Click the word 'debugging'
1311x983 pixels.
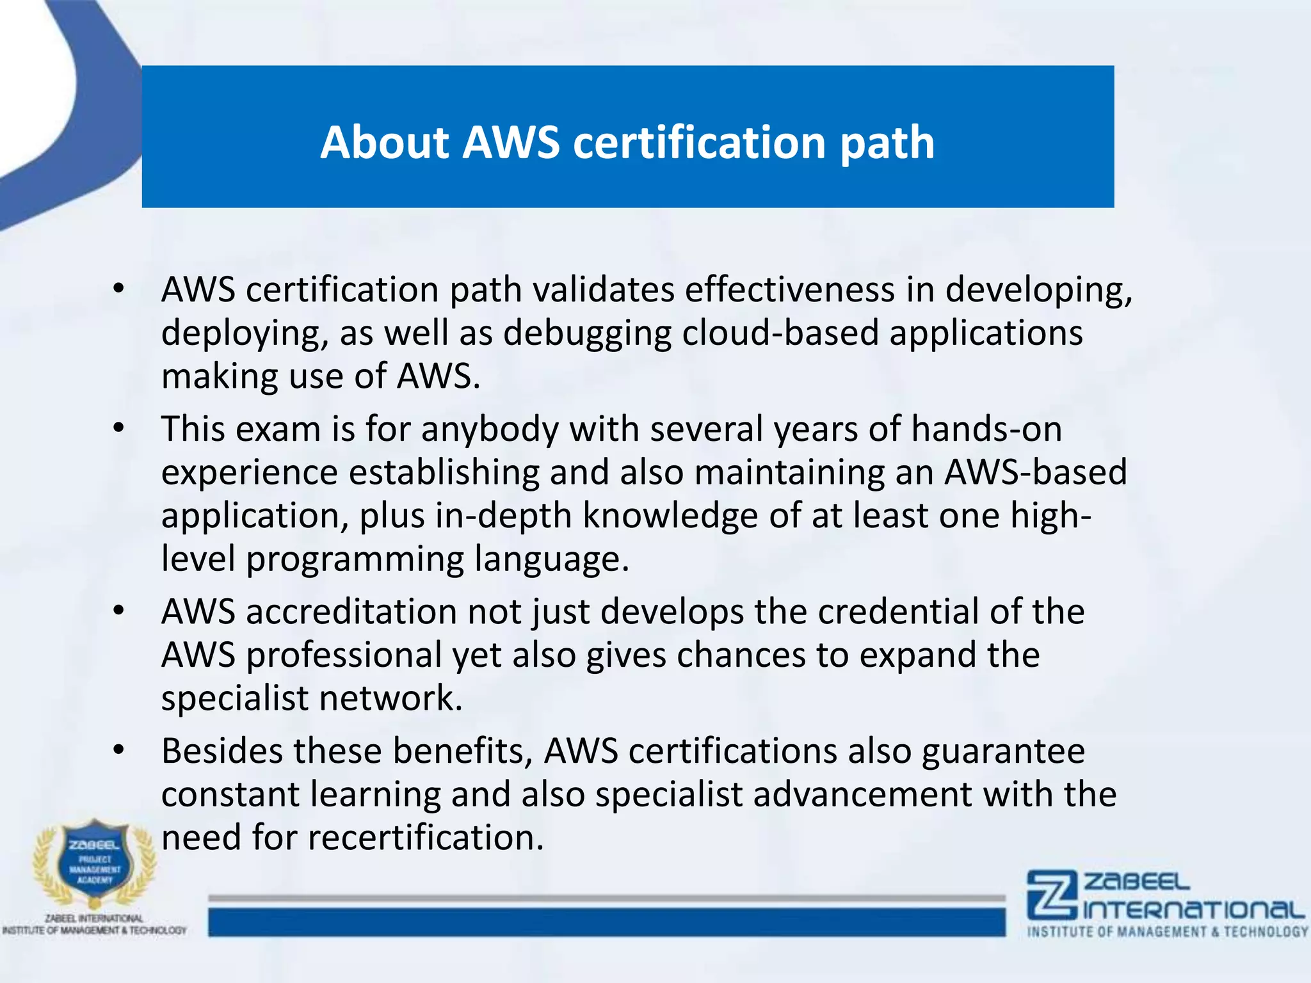[x=587, y=333]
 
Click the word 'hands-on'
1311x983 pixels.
[x=986, y=429]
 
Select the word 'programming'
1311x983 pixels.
[x=355, y=559]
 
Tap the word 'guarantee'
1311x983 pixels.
[x=1003, y=752]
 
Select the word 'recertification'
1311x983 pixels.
[x=426, y=838]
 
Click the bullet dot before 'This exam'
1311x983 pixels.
[x=118, y=429]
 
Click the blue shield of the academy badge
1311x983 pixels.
[x=95, y=861]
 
